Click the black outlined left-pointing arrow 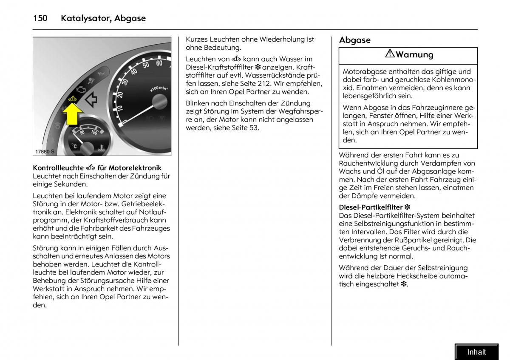[91, 100]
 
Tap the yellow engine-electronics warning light [71, 99]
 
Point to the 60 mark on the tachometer [159, 63]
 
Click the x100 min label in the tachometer [158, 88]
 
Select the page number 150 [40, 18]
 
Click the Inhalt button [476, 352]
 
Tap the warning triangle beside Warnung [390, 54]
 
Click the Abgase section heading [354, 40]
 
